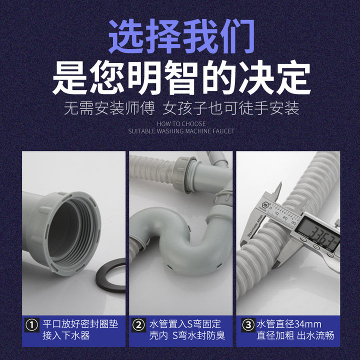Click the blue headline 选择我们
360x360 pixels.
tap(181, 36)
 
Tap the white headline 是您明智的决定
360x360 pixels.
tap(181, 77)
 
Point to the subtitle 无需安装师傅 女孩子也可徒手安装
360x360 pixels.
tap(181, 108)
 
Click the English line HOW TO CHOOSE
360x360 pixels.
tap(181, 124)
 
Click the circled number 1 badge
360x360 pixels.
tap(32, 325)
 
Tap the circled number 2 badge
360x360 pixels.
tap(138, 325)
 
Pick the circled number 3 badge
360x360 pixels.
tap(248, 325)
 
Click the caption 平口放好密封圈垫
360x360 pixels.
tap(80, 324)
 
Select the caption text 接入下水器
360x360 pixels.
tap(66, 335)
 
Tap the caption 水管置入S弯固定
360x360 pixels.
tap(185, 324)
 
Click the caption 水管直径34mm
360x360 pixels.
tap(289, 324)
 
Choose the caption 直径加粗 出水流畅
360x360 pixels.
tap(295, 335)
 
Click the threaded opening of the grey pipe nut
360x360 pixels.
tap(69, 232)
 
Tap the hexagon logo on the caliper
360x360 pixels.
tap(265, 204)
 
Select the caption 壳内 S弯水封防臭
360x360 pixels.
tap(187, 335)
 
